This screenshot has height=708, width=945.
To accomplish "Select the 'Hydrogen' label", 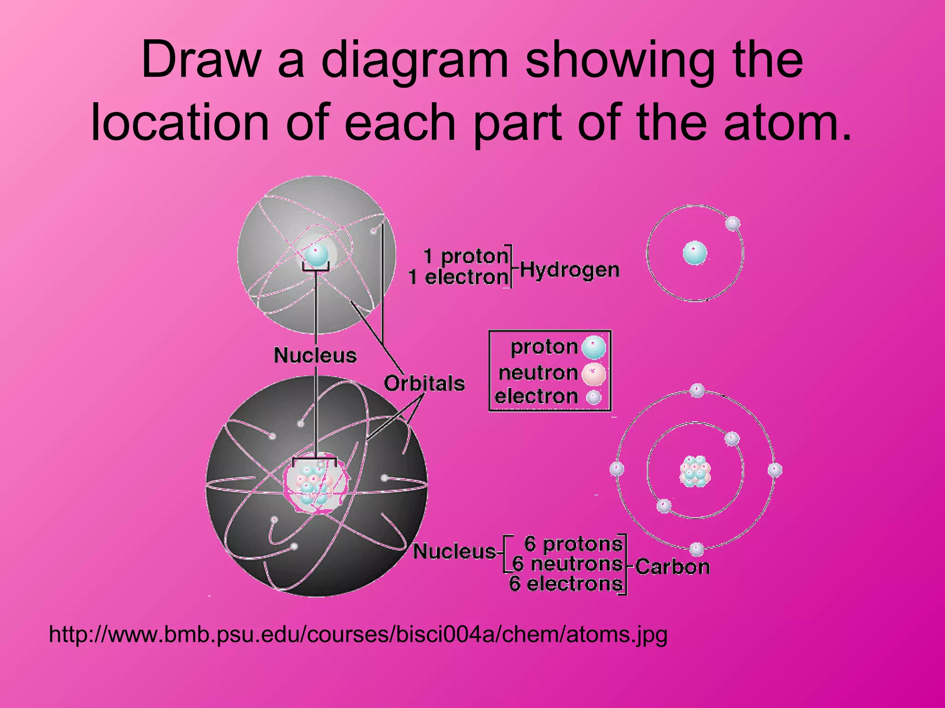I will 569,270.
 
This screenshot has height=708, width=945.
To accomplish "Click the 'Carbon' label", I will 672,566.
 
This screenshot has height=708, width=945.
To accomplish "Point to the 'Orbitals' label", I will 424,383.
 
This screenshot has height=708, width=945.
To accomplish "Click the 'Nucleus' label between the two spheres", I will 315,355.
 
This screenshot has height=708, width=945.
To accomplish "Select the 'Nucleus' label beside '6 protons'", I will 455,551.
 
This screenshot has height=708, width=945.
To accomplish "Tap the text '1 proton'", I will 466,256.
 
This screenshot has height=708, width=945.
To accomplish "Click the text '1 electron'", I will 458,277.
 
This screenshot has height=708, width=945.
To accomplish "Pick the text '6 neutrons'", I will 568,564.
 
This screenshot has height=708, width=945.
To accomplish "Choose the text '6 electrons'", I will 566,584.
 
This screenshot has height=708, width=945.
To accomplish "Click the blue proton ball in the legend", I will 593,348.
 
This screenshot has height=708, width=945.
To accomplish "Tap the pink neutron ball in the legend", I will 593,374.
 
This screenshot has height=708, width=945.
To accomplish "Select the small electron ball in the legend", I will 593,397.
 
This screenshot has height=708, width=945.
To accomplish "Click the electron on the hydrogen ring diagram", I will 733,224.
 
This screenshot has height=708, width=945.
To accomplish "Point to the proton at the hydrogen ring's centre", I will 695,253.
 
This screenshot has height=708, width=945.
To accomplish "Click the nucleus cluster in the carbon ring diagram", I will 695,472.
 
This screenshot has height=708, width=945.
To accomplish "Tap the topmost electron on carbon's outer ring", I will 697,390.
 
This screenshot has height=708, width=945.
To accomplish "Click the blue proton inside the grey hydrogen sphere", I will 316,254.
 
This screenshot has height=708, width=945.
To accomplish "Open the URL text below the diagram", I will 358,635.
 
